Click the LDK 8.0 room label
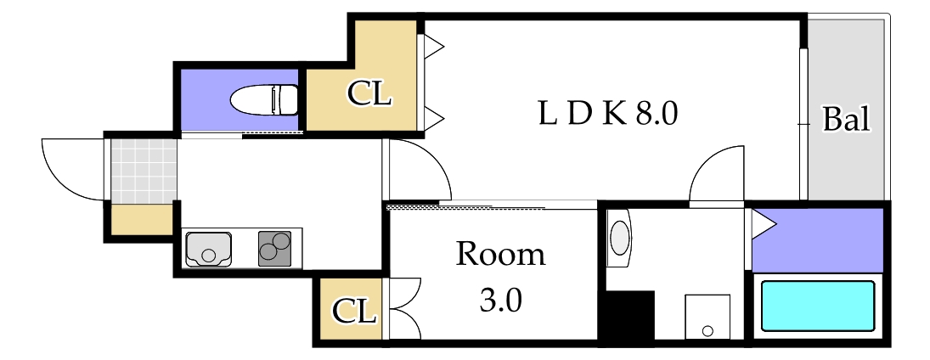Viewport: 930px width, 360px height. (x=607, y=113)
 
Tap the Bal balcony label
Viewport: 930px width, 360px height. (x=846, y=120)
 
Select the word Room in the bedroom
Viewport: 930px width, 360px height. (x=500, y=255)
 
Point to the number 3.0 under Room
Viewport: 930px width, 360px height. (x=500, y=300)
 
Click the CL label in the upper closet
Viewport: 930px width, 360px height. (x=369, y=94)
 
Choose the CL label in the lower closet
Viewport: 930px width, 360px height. (x=353, y=312)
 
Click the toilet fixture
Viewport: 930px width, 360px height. (x=265, y=99)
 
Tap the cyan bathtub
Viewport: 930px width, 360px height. (x=817, y=307)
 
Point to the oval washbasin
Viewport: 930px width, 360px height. (x=620, y=238)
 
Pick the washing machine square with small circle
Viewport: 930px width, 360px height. (x=707, y=317)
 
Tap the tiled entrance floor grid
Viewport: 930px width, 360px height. (x=142, y=170)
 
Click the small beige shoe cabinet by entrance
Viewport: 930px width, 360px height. (x=141, y=220)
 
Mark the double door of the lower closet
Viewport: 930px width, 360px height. (x=401, y=308)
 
